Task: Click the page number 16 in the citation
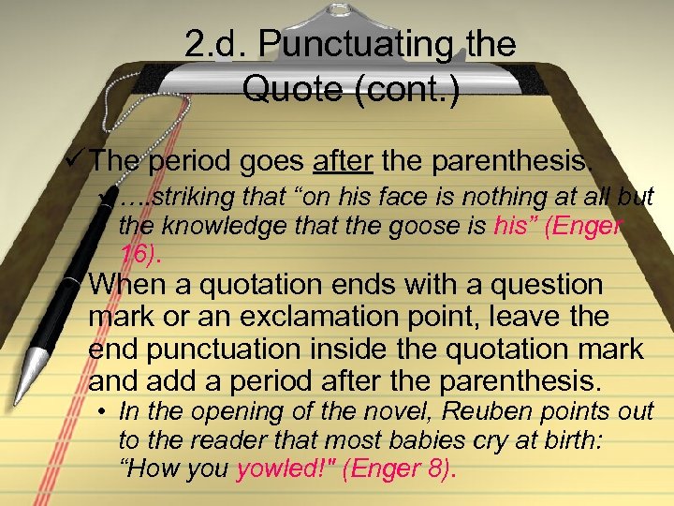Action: pyautogui.click(x=137, y=254)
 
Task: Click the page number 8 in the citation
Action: pyautogui.click(x=436, y=469)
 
